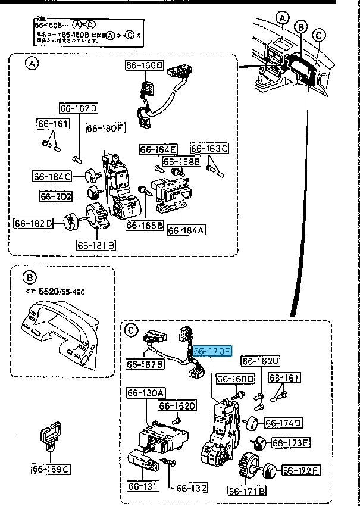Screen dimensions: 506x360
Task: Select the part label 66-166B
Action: tap(144, 65)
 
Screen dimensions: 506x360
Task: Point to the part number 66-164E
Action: tap(158, 149)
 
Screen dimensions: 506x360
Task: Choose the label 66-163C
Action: tap(209, 148)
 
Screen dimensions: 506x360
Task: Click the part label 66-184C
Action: tap(52, 176)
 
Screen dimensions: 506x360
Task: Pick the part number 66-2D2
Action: tap(56, 196)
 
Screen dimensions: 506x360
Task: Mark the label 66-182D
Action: tap(33, 223)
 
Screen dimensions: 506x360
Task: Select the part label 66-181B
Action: tap(96, 245)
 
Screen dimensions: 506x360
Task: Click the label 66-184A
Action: tap(186, 230)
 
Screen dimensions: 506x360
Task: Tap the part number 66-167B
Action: tap(145, 364)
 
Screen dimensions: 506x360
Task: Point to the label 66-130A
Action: tap(146, 392)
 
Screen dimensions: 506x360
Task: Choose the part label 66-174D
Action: tap(283, 423)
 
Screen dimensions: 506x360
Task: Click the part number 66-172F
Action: tap(301, 471)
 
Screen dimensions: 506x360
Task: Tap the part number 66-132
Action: tap(191, 488)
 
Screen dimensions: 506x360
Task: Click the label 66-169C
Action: tap(51, 469)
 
